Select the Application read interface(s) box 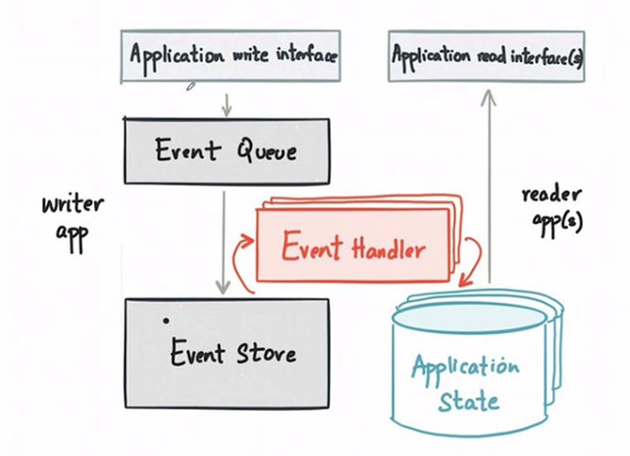tap(489, 56)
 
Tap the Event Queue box tap(226, 151)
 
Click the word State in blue tap(467, 400)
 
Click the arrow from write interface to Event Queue tap(226, 102)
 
